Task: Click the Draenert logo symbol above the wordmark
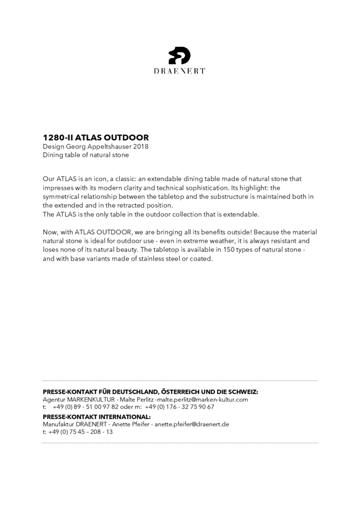(x=179, y=55)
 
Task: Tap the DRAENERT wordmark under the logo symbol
(x=179, y=71)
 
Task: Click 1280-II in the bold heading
(x=58, y=138)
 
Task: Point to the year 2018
(x=140, y=147)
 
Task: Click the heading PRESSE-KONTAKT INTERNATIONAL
(x=97, y=417)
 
